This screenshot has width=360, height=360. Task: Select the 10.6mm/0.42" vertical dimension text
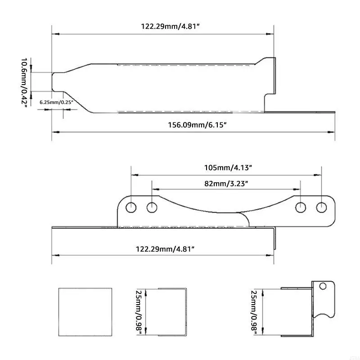(x=25, y=82)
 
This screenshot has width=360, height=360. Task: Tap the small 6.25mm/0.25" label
(x=56, y=102)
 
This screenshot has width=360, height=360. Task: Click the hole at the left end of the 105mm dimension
(x=131, y=207)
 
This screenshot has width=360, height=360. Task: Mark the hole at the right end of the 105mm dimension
(x=321, y=207)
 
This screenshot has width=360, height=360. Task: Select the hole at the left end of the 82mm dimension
(x=153, y=207)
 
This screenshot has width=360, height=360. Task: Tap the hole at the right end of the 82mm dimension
(x=300, y=207)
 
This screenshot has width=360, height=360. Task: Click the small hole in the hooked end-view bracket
(x=322, y=286)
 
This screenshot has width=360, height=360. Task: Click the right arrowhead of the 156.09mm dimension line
(x=332, y=132)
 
